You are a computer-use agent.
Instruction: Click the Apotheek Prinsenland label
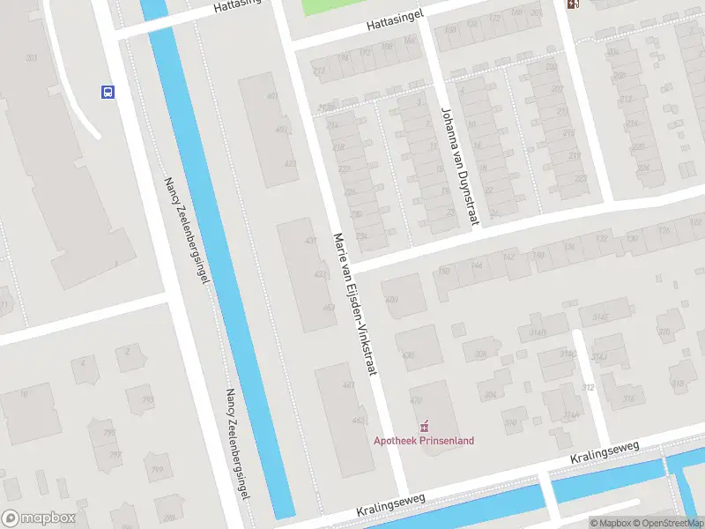tap(424, 441)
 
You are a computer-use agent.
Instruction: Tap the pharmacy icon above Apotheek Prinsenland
tap(424, 427)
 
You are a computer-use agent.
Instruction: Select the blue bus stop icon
tap(108, 92)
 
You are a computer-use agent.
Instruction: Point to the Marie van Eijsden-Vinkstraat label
tap(355, 304)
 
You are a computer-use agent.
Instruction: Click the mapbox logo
tap(38, 518)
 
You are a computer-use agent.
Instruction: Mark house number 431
tap(309, 241)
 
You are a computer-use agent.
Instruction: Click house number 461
tap(348, 384)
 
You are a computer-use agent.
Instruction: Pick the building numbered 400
tap(391, 301)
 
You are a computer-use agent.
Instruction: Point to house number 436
tap(407, 355)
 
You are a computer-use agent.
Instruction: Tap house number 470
tap(417, 400)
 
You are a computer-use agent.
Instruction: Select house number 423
tap(290, 164)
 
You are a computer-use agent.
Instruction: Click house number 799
tap(157, 469)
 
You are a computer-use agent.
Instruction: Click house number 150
tap(443, 271)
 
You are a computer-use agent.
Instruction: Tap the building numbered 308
tap(480, 354)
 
